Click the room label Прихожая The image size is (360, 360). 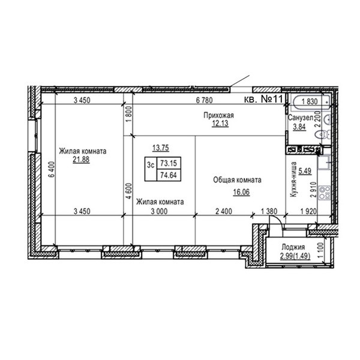[218, 115]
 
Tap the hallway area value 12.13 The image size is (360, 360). [220, 123]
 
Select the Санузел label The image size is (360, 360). [301, 118]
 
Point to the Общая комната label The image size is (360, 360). [237, 180]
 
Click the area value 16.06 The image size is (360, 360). [241, 192]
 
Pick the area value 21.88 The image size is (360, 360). [81, 159]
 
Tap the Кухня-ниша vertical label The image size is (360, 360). [293, 179]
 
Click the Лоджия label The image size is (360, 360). [293, 247]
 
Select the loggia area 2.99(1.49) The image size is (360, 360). [295, 256]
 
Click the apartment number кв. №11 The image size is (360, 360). [263, 99]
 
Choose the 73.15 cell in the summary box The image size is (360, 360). [169, 163]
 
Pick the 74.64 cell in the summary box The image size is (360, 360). [169, 175]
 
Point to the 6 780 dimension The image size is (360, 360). [205, 100]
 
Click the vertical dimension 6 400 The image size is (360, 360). [52, 169]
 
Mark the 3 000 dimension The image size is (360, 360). [159, 211]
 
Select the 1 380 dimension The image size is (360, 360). [269, 211]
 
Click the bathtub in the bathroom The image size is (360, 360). [311, 102]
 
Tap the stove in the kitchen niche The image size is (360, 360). [324, 193]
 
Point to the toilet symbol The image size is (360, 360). [323, 135]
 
